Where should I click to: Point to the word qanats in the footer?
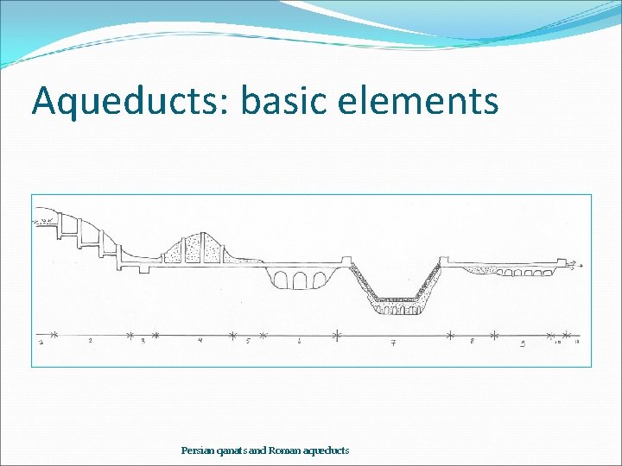point(231,450)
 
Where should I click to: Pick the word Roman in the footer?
point(283,450)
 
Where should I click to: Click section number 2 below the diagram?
point(90,341)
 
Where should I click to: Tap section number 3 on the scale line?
point(143,341)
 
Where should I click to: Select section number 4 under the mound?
point(200,341)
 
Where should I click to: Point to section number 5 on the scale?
point(248,341)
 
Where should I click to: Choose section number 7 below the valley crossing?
point(393,343)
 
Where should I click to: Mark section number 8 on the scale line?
point(472,342)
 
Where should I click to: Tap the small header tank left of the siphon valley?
point(346,261)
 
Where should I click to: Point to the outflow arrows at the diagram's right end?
point(571,262)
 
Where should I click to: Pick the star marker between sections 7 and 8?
point(451,333)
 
